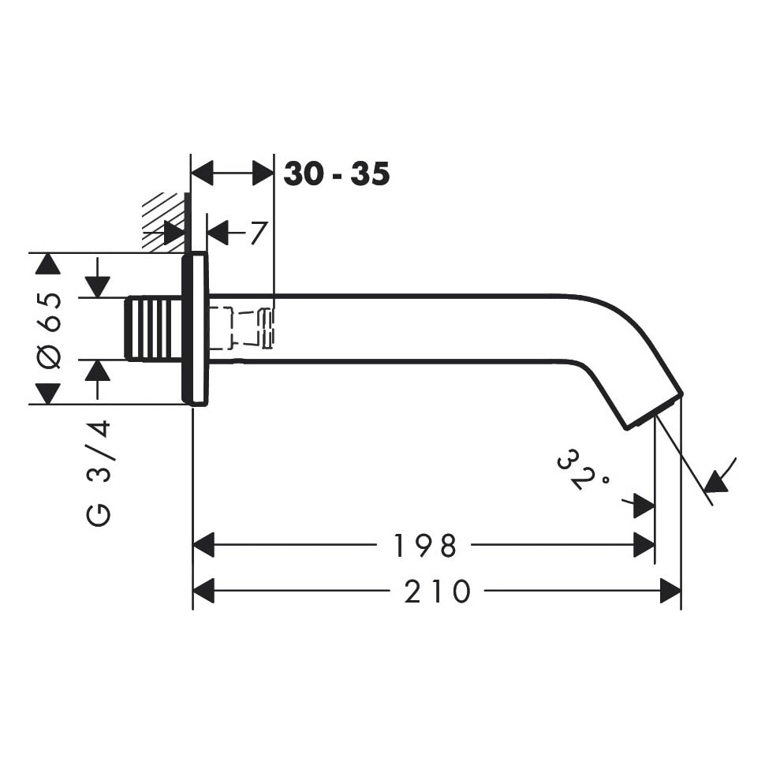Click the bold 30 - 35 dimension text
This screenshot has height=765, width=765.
(x=337, y=174)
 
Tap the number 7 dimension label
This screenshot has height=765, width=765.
(x=259, y=233)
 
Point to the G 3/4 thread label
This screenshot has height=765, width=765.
(x=99, y=473)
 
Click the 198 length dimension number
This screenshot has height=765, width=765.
(x=424, y=546)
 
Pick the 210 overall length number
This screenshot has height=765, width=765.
(x=437, y=591)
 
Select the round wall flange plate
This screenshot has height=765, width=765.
(x=196, y=330)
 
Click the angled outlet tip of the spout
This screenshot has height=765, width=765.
(x=655, y=411)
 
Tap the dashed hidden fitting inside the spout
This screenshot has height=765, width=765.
(x=241, y=327)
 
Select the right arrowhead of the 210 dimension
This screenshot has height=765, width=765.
(x=670, y=591)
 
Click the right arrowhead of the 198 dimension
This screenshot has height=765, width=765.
(x=644, y=545)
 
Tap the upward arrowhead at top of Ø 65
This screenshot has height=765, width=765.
(x=48, y=263)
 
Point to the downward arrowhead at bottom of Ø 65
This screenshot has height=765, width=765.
(x=48, y=394)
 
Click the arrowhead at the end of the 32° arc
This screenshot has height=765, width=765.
(x=716, y=480)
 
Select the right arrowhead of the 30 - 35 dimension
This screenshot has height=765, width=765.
(x=263, y=174)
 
